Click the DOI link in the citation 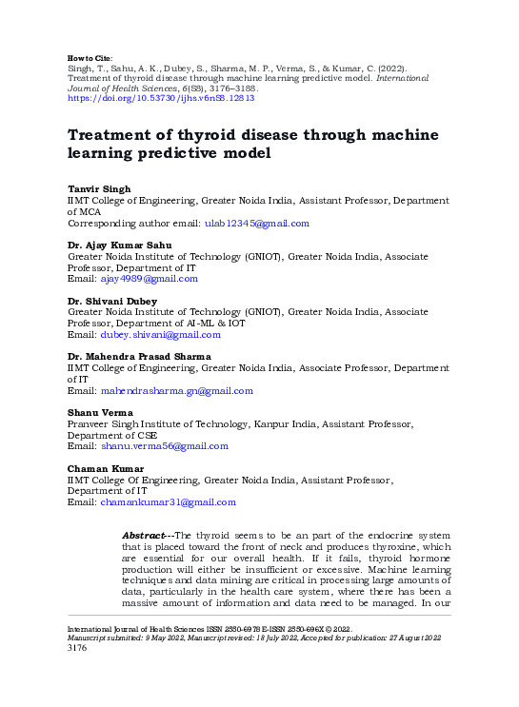tap(160, 98)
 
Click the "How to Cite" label tap(90, 58)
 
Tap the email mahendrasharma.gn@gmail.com tap(178, 390)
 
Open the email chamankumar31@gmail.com tap(169, 501)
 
